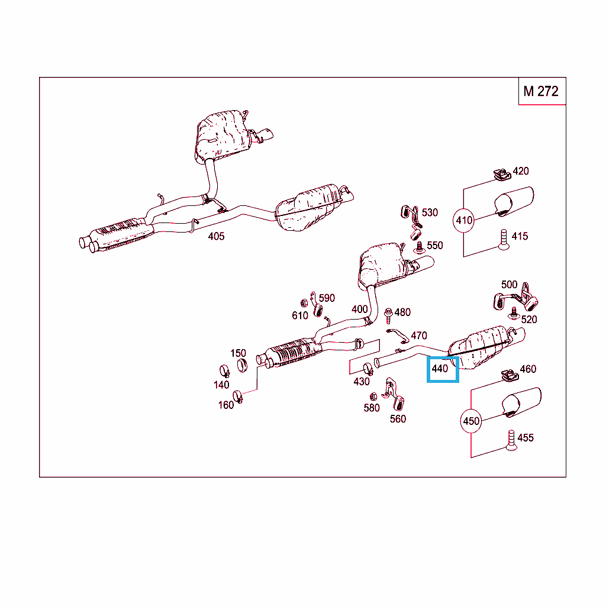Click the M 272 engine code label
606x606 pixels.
[541, 91]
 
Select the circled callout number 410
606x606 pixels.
[463, 220]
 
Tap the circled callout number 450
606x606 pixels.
[471, 421]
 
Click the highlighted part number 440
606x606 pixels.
[440, 369]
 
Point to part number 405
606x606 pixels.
[216, 236]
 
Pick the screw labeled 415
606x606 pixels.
[504, 240]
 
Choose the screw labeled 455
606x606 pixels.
[511, 440]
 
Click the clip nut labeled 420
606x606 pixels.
[502, 175]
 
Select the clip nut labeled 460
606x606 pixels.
[510, 375]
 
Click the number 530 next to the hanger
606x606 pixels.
[430, 212]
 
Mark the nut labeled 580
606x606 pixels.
[373, 397]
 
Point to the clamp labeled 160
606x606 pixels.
[238, 396]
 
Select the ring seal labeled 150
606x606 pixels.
[242, 365]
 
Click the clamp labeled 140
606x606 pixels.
[224, 371]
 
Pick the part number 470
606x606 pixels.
[419, 336]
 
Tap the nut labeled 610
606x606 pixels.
[304, 303]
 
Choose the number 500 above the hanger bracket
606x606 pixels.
[509, 285]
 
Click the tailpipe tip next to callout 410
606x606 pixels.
[514, 201]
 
